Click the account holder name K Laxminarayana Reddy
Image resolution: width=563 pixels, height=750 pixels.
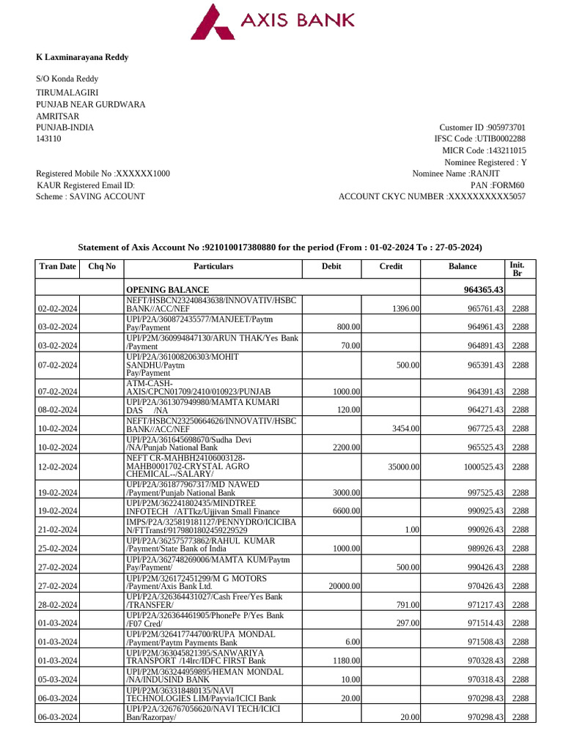[x=82, y=57]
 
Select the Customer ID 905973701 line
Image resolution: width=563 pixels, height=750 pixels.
[x=482, y=127]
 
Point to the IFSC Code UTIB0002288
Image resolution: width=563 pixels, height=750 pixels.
[x=479, y=138]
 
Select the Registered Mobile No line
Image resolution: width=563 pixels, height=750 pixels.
[x=103, y=174]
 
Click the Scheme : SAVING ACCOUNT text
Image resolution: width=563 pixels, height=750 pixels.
[x=90, y=196]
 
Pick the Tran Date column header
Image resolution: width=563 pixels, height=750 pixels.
[x=57, y=267]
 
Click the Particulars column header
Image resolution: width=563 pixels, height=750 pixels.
[x=213, y=267]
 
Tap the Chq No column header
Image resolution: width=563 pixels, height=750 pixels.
[x=102, y=267]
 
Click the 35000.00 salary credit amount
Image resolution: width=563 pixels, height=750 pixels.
[x=403, y=467]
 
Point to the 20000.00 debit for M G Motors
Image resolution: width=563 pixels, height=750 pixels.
[x=344, y=586]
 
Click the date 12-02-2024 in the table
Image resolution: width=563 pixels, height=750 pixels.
[x=58, y=467]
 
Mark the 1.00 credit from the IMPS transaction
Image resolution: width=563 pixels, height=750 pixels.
[x=413, y=530]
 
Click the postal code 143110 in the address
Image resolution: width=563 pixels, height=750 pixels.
[x=49, y=138]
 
